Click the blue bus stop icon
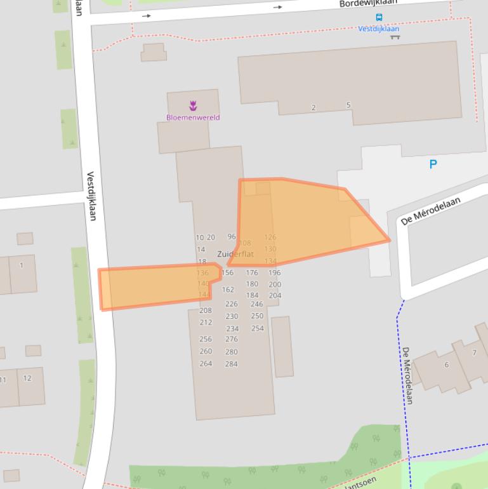379,18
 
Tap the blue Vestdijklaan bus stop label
378,29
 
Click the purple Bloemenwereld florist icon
193,105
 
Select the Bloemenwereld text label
193,117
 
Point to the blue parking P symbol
433,164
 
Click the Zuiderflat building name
235,254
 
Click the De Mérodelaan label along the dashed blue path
408,375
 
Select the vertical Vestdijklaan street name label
91,196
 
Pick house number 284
231,364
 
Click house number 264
206,363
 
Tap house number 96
232,237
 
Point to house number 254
257,328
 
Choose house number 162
228,290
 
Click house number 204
275,295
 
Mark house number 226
231,304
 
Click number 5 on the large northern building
348,105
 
